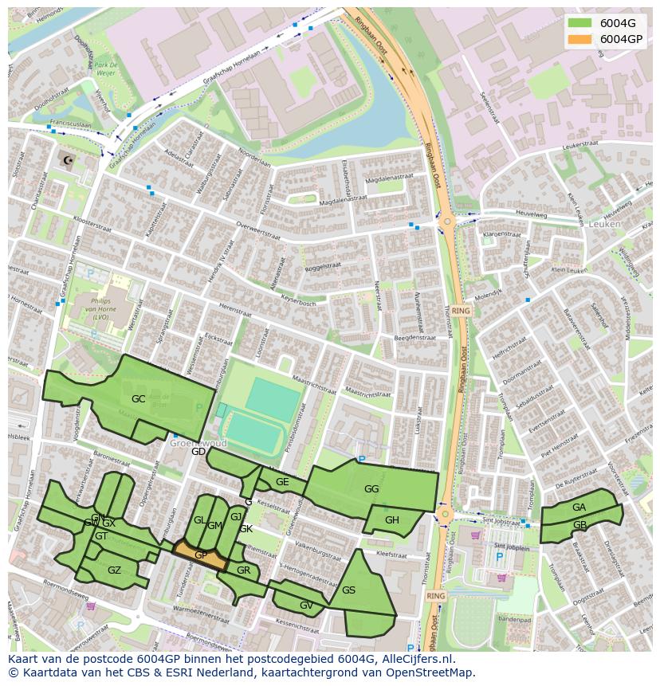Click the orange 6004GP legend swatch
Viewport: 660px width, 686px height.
580,39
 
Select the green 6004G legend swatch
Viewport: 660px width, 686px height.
580,22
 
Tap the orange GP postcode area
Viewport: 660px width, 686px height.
200,555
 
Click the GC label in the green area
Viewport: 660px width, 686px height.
138,398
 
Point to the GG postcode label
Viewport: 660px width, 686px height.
371,489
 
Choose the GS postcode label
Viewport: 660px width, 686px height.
348,590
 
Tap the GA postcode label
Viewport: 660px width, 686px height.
579,508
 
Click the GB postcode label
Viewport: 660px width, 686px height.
579,525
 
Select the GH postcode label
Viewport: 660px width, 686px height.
391,520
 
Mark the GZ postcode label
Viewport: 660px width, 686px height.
114,570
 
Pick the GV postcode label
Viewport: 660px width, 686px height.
306,606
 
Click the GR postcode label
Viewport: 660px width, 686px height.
243,570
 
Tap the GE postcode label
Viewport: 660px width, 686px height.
282,482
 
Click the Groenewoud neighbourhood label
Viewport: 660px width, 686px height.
198,443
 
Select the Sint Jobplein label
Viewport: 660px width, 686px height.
511,547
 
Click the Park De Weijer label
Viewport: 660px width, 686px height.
106,69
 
